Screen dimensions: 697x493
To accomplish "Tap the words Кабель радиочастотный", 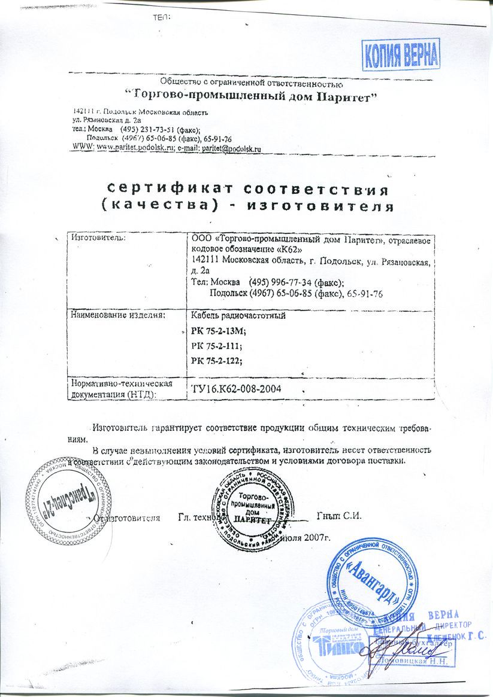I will click(237, 315).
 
